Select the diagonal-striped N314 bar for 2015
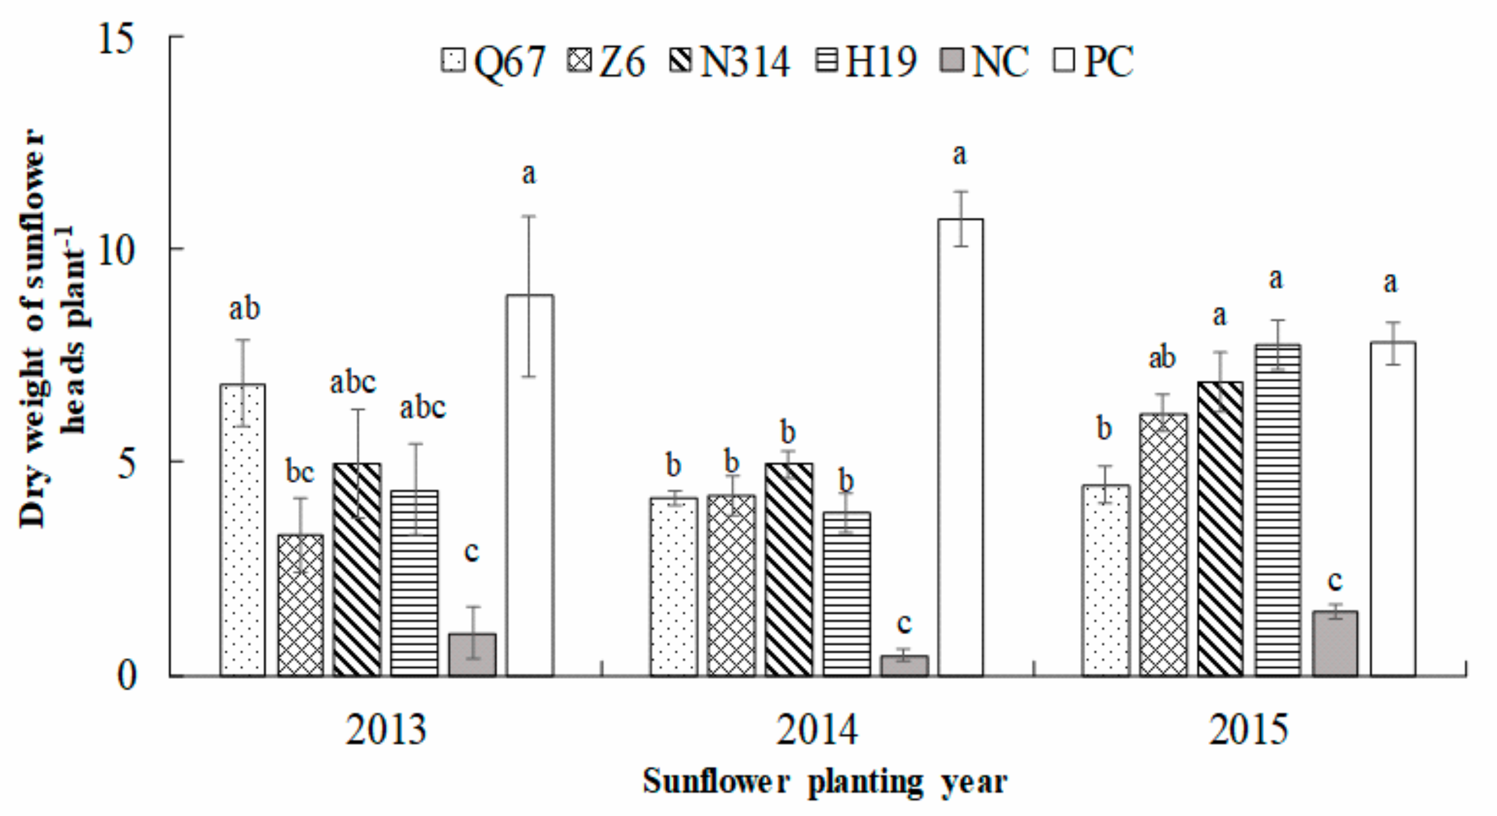(1220, 528)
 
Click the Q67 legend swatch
(453, 61)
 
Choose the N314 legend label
(745, 61)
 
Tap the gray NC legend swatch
(951, 61)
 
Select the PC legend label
(1108, 61)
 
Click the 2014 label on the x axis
(816, 730)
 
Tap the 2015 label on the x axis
(1248, 730)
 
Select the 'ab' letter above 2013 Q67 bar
(244, 308)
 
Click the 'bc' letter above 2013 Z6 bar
(300, 472)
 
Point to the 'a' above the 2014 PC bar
(960, 155)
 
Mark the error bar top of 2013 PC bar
(529, 216)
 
